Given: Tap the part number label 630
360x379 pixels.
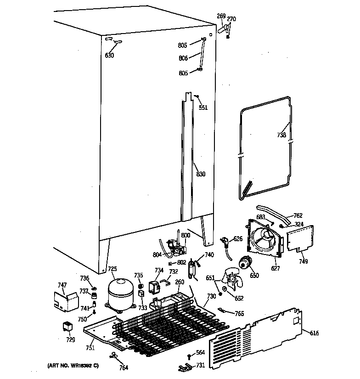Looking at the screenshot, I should pos(109,56).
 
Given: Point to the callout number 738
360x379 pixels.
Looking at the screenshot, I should pos(281,135).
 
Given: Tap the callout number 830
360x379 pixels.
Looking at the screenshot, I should pos(201,174).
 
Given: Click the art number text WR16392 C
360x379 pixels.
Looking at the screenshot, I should pos(73,366).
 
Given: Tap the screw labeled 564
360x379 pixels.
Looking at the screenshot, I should pos(189,356).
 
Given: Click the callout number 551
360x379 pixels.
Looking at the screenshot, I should pos(203,107).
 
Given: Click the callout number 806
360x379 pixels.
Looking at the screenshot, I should pos(183,58).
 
